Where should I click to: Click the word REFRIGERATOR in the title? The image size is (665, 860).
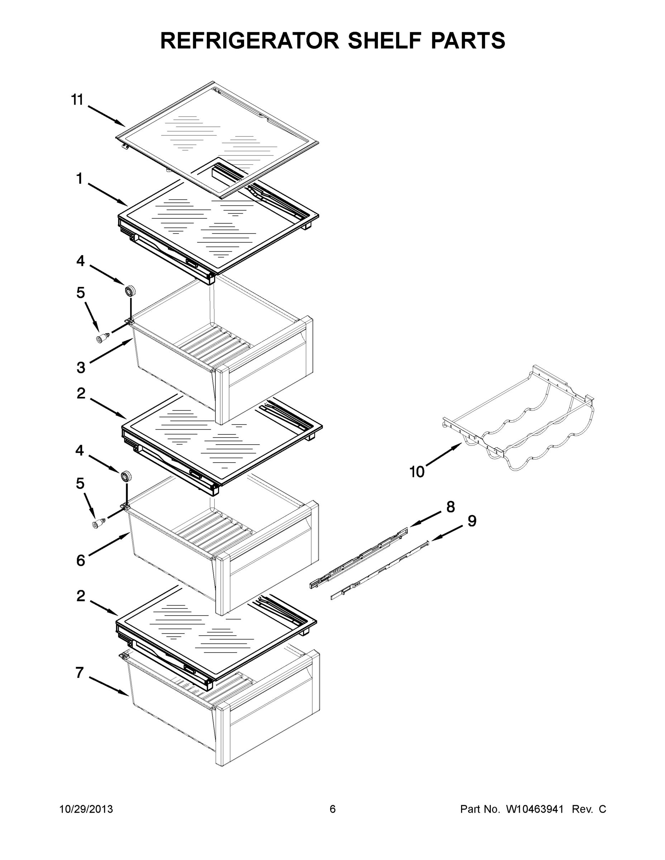coord(250,40)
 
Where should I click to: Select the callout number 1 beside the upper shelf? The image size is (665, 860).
coord(80,179)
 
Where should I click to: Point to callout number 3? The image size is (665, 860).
coord(81,367)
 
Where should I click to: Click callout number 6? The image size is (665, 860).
coord(80,560)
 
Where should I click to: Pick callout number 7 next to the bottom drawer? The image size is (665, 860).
coord(80,673)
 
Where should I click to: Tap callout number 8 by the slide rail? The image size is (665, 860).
coord(451,507)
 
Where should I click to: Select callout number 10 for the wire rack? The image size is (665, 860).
coord(417,471)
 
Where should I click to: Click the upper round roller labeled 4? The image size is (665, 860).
coord(130,291)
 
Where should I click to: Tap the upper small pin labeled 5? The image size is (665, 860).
coord(103,338)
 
